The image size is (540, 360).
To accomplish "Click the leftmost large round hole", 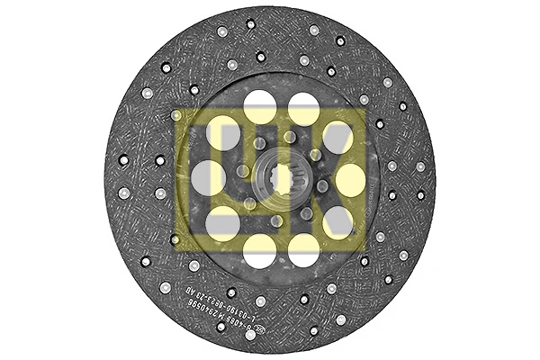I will coord(208,178).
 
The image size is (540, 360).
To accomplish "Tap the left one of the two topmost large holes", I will coord(260,107).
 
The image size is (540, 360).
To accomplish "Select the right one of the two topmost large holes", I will coord(303,108).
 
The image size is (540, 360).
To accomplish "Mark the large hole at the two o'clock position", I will coord(337,138).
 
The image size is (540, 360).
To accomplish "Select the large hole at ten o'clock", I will coord(223,137).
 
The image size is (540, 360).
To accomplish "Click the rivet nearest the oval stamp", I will coord(250,336).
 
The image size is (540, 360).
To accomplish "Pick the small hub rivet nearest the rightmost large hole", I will coord(322,186).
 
